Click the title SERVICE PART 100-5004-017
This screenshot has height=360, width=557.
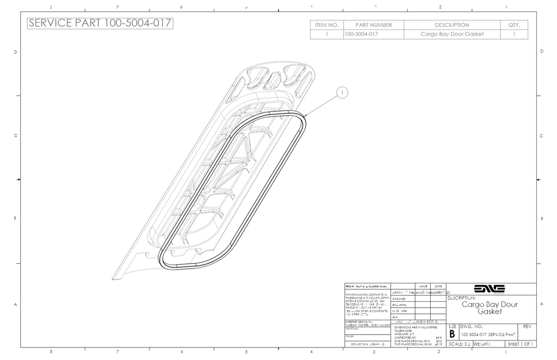(x=100, y=23)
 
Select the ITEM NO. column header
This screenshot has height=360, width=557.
(x=327, y=25)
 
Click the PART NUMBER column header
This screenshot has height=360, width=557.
(x=374, y=25)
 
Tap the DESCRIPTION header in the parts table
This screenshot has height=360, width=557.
(x=452, y=25)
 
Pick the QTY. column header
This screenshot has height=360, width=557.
(x=514, y=25)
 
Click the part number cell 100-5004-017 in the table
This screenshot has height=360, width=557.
(x=362, y=34)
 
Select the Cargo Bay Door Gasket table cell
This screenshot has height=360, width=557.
(x=452, y=34)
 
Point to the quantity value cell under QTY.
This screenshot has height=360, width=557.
(x=514, y=34)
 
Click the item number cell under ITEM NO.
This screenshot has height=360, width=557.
(x=327, y=34)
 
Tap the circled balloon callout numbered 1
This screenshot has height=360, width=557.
(x=342, y=94)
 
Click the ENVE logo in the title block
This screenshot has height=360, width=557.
(x=490, y=289)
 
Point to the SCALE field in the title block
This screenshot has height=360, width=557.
(x=459, y=344)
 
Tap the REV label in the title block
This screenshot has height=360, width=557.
(x=526, y=326)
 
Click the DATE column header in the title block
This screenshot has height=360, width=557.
(x=438, y=286)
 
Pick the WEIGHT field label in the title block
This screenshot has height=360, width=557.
(x=485, y=344)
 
